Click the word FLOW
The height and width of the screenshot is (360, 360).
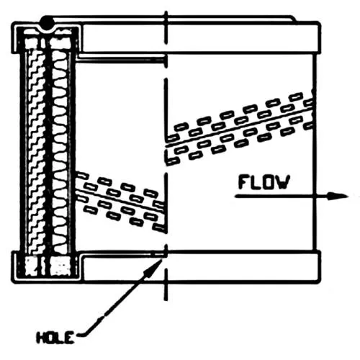[x=264, y=182]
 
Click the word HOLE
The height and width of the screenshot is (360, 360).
[x=55, y=338]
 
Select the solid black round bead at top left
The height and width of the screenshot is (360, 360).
[x=48, y=23]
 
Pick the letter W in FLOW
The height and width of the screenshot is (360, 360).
[x=283, y=182]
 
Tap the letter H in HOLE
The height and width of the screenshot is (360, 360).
[x=41, y=338]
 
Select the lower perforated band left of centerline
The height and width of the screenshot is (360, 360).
[x=121, y=202]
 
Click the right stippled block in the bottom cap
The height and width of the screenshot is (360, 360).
[x=60, y=266]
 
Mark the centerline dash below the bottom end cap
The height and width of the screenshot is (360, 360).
[x=166, y=285]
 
